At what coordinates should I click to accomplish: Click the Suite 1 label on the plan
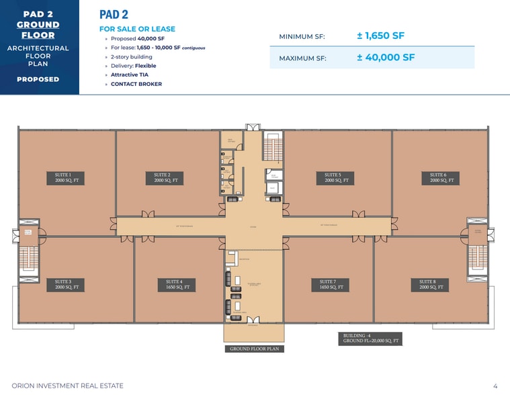click(x=67, y=177)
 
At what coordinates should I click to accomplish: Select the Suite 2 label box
click(x=166, y=177)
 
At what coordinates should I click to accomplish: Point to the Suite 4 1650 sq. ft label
click(x=177, y=284)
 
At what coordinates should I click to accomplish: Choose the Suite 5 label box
click(x=337, y=177)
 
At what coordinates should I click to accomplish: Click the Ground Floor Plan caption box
click(x=254, y=349)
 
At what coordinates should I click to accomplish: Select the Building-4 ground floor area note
click(x=370, y=339)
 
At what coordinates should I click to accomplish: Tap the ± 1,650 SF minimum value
click(x=380, y=36)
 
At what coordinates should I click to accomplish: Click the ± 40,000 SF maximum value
click(x=386, y=57)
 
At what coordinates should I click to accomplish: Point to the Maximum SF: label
click(x=302, y=58)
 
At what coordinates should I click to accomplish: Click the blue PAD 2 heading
click(x=114, y=14)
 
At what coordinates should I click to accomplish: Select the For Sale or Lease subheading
click(x=137, y=29)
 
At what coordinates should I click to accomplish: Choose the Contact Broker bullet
click(x=136, y=84)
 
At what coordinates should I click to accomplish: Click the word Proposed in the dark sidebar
click(x=38, y=79)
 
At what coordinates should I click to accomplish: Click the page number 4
click(x=495, y=386)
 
